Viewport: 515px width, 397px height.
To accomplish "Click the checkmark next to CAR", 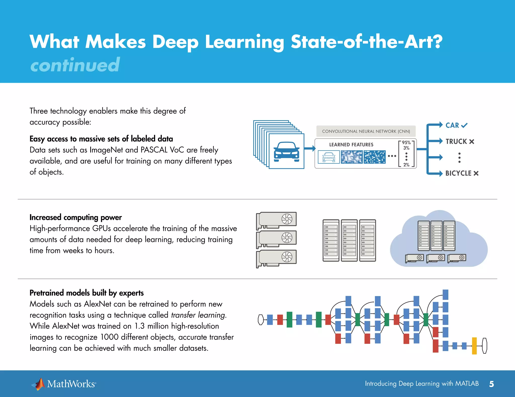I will (464, 125).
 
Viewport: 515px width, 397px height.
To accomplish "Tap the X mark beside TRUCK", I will (472, 142).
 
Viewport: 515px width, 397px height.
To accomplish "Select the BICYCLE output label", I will (458, 173).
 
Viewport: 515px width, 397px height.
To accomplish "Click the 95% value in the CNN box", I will (406, 143).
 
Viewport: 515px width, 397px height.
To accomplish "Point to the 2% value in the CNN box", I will (406, 165).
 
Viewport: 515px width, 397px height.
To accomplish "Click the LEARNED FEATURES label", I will (351, 145).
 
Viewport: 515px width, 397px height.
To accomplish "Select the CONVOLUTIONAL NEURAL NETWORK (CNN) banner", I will (366, 131).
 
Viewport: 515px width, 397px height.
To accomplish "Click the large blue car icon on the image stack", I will (286, 151).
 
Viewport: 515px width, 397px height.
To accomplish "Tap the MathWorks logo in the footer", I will (64, 384).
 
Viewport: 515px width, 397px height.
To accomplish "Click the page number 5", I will (491, 384).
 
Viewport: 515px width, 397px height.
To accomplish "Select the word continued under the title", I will (75, 65).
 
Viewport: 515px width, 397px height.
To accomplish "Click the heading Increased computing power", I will (75, 217).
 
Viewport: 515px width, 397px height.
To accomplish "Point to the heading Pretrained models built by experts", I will (87, 293).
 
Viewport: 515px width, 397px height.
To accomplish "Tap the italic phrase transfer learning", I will (198, 315).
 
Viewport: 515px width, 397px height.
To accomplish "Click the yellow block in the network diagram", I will (474, 346).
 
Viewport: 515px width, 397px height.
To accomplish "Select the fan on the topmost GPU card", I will (287, 219).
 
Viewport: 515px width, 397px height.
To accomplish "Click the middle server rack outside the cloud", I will (349, 240).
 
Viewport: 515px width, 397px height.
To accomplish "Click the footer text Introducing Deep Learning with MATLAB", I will (422, 383).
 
